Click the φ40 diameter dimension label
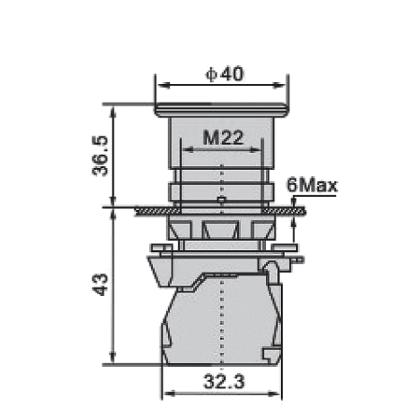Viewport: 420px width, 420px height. (x=224, y=75)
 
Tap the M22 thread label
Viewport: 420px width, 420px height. (x=223, y=137)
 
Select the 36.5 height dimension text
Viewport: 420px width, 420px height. (x=100, y=156)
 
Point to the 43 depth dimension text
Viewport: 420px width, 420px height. (x=100, y=285)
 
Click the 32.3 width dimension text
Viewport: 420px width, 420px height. (x=224, y=382)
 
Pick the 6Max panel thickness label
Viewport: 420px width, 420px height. (x=312, y=185)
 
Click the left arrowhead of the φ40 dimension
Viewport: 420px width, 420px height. (x=163, y=85)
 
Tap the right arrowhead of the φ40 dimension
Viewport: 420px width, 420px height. (x=279, y=85)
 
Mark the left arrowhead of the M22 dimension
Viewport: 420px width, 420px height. (x=188, y=150)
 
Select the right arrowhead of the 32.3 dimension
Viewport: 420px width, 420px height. (x=274, y=394)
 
